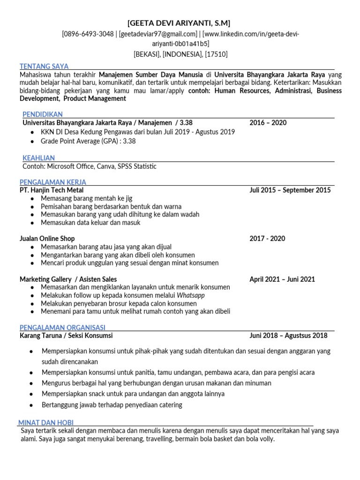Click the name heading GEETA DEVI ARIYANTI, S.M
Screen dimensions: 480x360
tap(179, 23)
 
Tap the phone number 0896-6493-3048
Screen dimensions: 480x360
tap(89, 34)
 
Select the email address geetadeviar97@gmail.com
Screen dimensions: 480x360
tap(157, 34)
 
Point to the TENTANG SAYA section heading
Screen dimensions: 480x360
tap(44, 66)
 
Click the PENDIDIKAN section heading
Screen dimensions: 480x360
tap(43, 114)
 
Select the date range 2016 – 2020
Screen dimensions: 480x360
tap(268, 123)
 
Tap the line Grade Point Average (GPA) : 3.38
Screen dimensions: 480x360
tap(88, 141)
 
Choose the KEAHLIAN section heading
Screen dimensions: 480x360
tap(39, 158)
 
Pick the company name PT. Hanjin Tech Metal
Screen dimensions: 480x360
tap(52, 190)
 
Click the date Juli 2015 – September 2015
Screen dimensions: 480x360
tap(290, 190)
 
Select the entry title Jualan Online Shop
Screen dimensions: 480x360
tap(47, 239)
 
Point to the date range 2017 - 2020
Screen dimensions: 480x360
tap(267, 239)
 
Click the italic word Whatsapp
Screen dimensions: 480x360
tap(191, 295)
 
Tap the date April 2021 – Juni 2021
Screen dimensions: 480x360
tap(282, 279)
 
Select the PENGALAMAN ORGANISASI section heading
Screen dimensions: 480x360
tap(62, 327)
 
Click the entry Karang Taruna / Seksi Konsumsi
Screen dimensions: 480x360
tap(66, 336)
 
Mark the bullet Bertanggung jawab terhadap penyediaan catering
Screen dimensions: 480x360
tap(112, 405)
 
